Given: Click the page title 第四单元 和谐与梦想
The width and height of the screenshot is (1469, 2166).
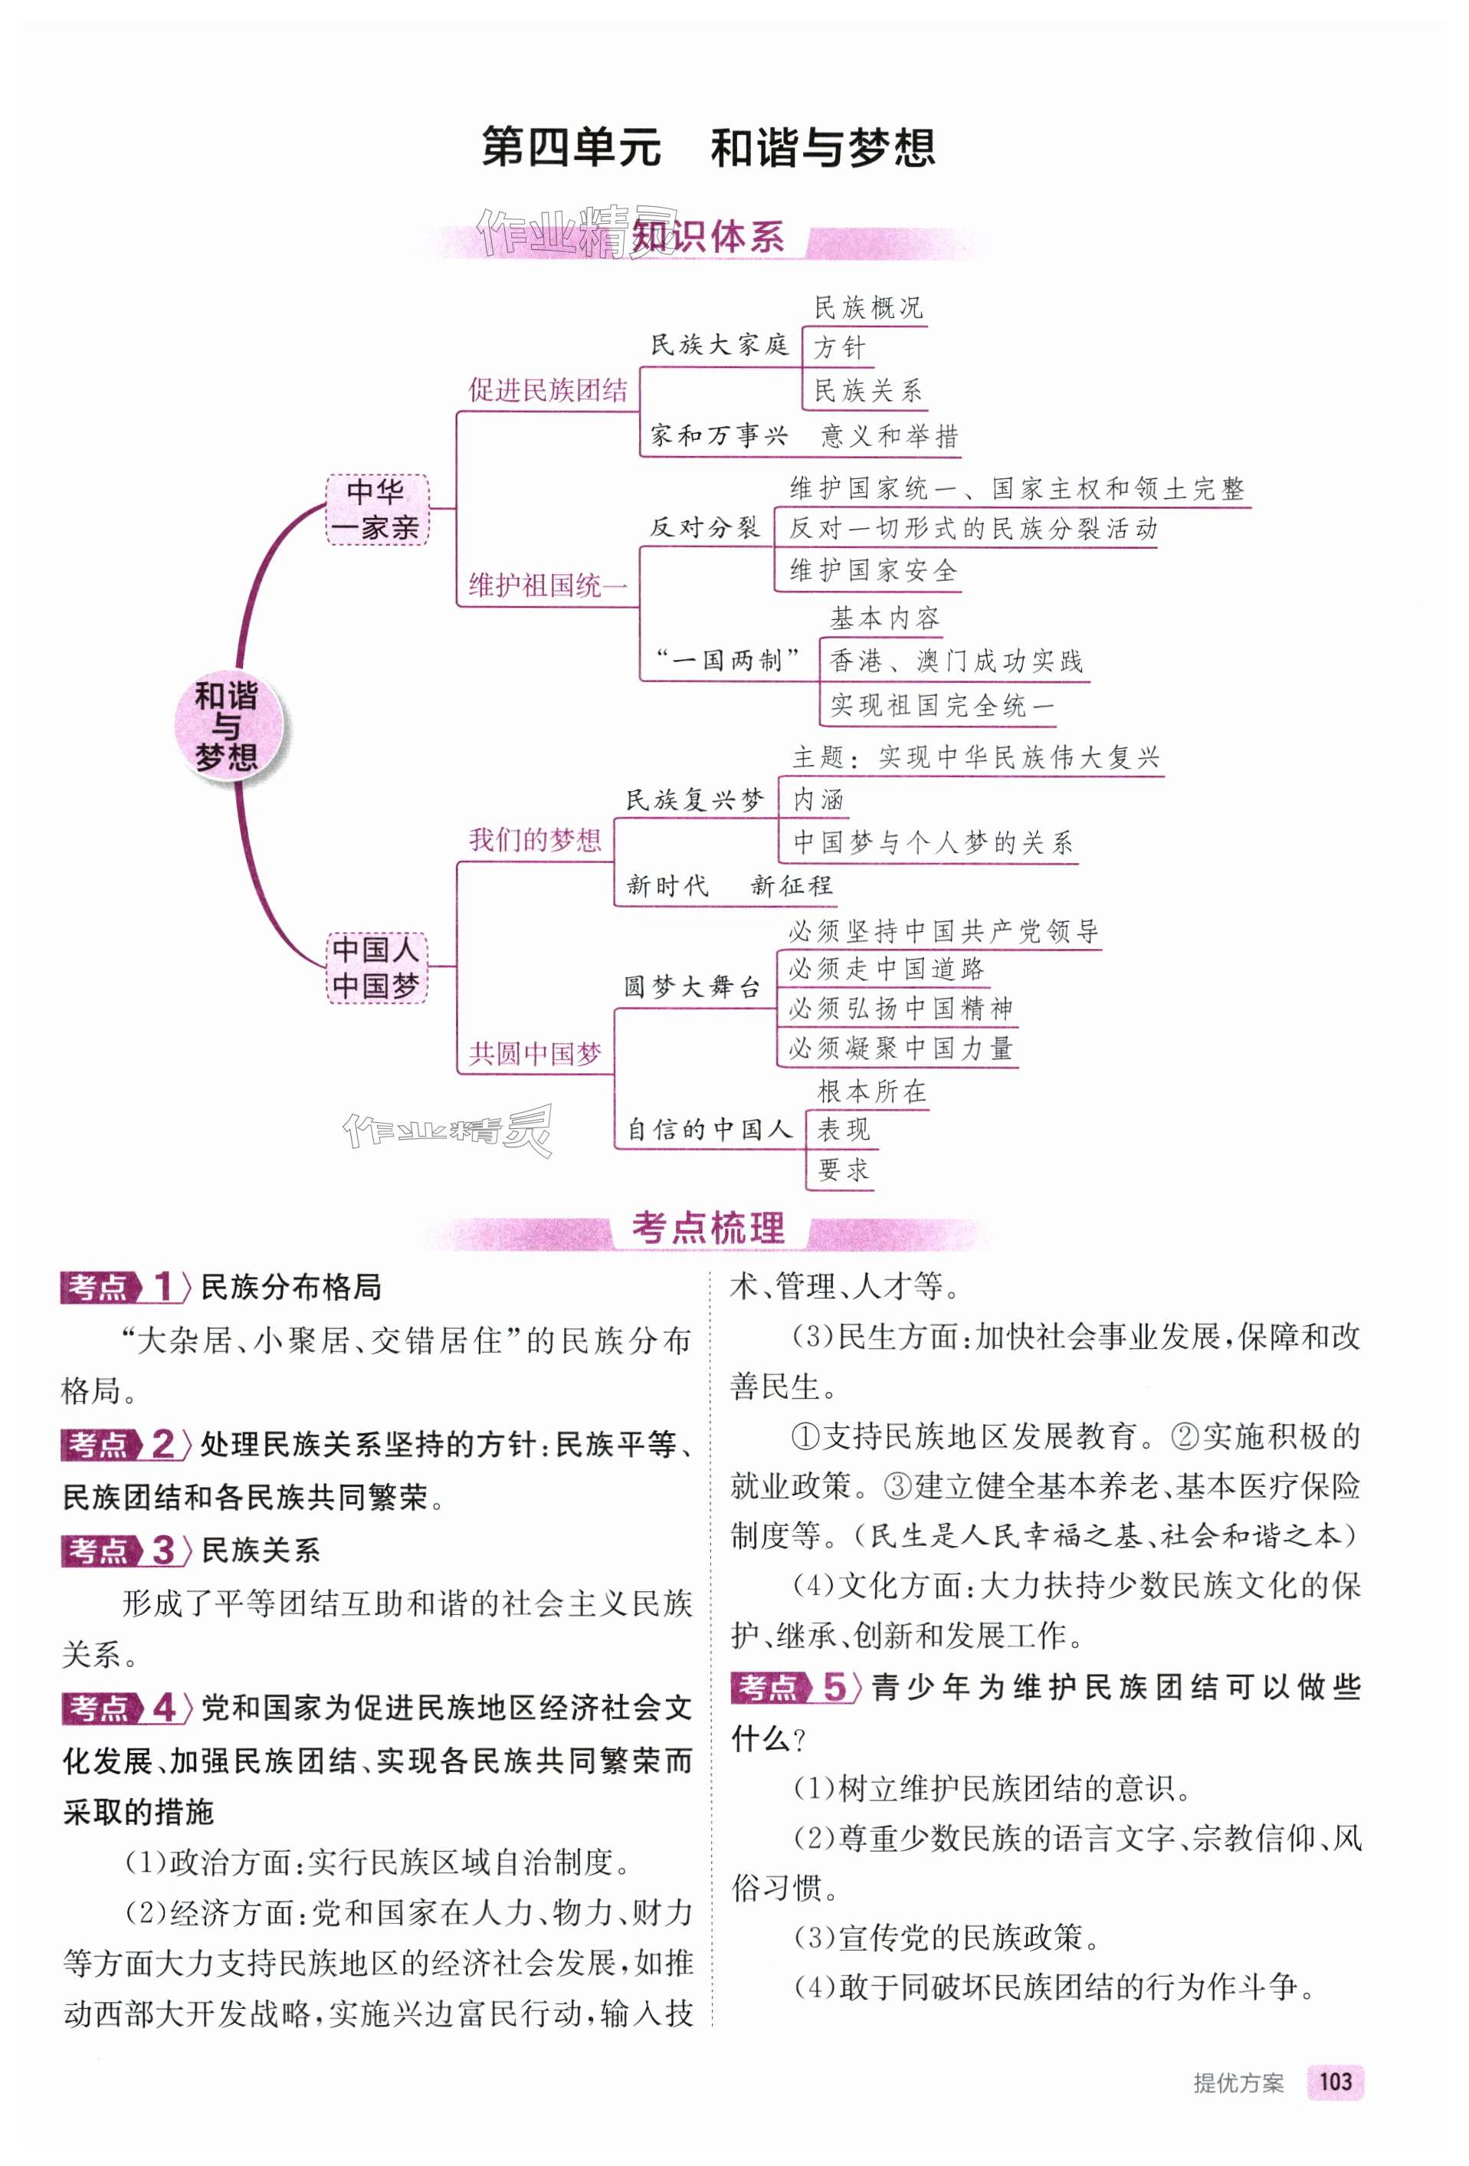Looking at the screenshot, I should (x=708, y=148).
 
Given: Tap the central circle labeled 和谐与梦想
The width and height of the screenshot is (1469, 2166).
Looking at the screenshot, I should (x=227, y=726).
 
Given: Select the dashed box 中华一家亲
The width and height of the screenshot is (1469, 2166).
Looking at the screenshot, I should (x=376, y=509).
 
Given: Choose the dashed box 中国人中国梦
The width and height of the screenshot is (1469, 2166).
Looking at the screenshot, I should (x=376, y=967).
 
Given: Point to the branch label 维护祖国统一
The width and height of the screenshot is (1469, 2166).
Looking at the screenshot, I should (x=548, y=586).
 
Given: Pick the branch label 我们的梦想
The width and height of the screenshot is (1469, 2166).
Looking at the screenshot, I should (x=535, y=840).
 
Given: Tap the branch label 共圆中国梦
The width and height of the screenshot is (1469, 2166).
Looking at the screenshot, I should (x=535, y=1053).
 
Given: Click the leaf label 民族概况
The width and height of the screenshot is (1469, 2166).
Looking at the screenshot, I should (x=867, y=307).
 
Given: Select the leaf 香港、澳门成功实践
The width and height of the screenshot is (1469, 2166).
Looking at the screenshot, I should (x=956, y=661).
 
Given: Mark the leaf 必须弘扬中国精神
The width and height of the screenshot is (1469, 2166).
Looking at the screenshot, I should (x=900, y=1009).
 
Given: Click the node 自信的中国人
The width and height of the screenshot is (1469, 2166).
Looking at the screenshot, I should (x=708, y=1130).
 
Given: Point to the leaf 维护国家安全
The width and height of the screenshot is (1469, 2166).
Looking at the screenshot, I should (x=874, y=570).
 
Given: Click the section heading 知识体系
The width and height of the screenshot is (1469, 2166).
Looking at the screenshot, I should (x=708, y=238).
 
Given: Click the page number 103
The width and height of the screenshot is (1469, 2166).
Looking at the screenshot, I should (x=1335, y=2082).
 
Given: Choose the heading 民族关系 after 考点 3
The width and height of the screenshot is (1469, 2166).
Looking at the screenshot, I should (x=261, y=1550).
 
